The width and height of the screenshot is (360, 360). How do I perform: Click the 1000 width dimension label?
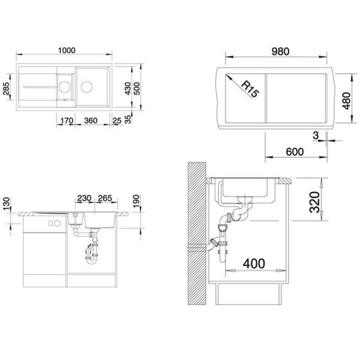(x=66, y=51)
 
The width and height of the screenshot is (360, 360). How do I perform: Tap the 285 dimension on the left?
(x=6, y=88)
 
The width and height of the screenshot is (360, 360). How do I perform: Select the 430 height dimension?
(x=128, y=88)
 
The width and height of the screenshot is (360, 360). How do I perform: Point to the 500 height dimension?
(x=136, y=88)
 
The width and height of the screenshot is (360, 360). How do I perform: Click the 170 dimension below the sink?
(x=67, y=121)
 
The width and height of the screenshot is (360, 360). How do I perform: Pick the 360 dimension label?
(x=91, y=121)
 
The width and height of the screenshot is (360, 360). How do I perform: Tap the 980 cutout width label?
(x=280, y=52)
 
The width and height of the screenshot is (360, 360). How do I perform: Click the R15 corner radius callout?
(x=250, y=89)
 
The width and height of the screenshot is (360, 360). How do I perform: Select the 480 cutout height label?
(x=346, y=101)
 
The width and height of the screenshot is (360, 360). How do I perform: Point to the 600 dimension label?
(x=295, y=152)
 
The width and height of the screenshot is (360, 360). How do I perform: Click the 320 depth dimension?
(x=315, y=202)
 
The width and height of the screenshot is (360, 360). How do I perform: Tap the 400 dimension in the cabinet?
(x=254, y=263)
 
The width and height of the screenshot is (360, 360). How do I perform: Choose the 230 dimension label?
(x=84, y=198)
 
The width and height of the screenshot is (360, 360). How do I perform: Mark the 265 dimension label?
(x=105, y=198)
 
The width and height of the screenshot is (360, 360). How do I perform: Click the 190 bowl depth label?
(x=136, y=201)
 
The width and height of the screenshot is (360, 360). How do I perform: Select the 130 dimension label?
(x=6, y=204)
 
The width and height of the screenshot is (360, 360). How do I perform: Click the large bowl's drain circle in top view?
(x=87, y=87)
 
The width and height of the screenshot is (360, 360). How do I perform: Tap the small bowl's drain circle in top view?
(x=64, y=87)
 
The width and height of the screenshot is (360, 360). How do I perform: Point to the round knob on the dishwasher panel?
(x=57, y=223)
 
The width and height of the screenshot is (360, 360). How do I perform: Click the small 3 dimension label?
(x=316, y=135)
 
